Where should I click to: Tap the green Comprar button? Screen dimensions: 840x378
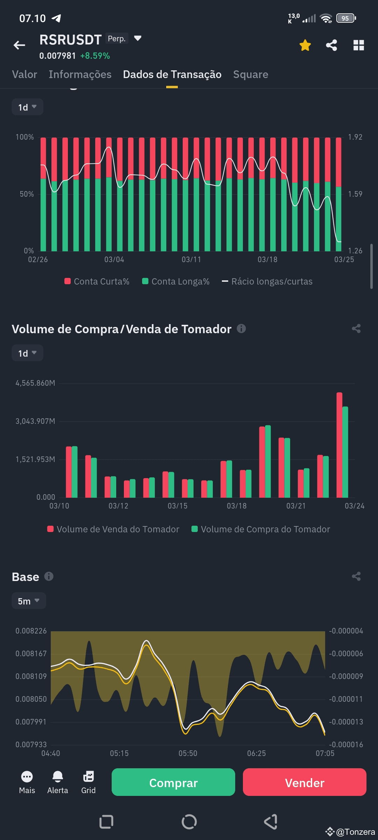click(x=173, y=783)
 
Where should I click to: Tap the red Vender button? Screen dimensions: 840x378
click(x=304, y=783)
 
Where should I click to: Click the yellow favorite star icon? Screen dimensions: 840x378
click(x=305, y=45)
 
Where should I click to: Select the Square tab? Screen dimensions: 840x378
click(x=251, y=75)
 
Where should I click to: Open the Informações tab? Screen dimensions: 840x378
click(x=80, y=75)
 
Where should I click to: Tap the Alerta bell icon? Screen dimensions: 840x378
click(x=58, y=777)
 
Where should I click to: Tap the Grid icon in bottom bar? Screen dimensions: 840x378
click(x=88, y=777)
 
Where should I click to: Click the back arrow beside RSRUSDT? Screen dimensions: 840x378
click(x=20, y=45)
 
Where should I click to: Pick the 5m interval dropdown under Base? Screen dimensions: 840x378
click(x=29, y=601)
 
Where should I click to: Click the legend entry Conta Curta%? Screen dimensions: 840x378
click(x=97, y=281)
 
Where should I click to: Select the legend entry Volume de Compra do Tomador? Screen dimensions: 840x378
click(x=261, y=529)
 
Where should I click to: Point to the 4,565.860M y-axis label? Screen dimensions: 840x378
click(x=35, y=383)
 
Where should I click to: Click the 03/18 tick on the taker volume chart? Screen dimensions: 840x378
click(x=237, y=506)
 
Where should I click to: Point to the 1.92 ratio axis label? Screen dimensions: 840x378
click(x=355, y=137)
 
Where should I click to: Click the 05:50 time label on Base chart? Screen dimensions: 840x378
click(x=188, y=753)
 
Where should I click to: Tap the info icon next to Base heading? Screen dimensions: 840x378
click(x=49, y=576)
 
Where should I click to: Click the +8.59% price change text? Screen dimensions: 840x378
click(x=95, y=56)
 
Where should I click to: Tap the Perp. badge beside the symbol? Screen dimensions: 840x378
click(x=117, y=38)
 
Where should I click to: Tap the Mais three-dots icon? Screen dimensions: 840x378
click(x=27, y=777)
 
